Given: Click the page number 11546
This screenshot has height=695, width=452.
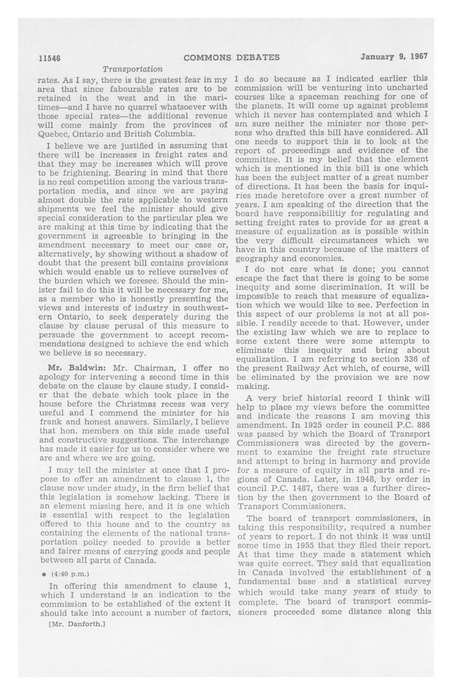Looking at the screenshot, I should coord(49,58).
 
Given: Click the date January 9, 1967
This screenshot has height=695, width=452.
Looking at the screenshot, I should coord(394,56).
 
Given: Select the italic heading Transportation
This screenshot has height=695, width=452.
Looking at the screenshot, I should coord(133,69).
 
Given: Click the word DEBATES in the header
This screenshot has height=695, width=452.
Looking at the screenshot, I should coord(257,58).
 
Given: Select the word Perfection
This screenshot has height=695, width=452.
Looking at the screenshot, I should coord(402,305).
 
